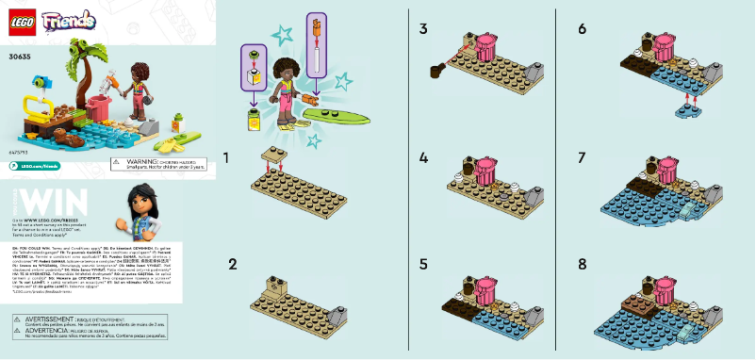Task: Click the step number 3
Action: click(424, 30)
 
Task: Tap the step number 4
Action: click(424, 158)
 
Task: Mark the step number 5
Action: click(424, 264)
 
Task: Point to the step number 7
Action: click(583, 158)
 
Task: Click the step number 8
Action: click(583, 264)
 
